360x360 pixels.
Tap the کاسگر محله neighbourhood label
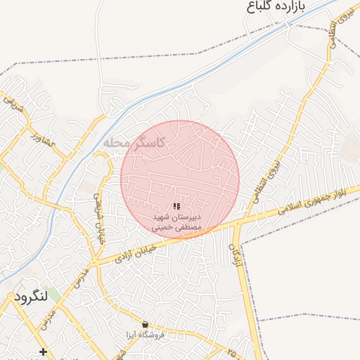coord(134,142)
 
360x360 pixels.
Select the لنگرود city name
coord(30,296)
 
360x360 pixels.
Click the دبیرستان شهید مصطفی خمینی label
coord(177,223)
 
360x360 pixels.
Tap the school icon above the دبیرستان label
coord(176,206)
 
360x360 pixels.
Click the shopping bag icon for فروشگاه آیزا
coord(145,325)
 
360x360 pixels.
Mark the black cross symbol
coord(44,351)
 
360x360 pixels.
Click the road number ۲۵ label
coord(233,349)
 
